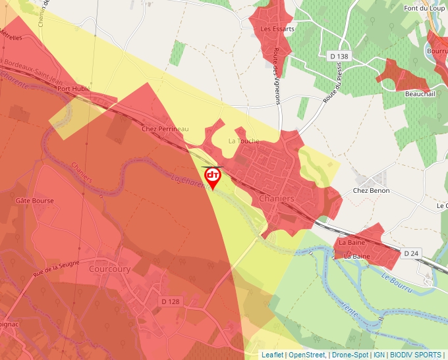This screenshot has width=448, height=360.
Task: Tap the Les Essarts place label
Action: pos(277,29)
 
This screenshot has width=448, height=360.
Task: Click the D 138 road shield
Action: pos(339,57)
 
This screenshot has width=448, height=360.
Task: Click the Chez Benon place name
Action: pos(371,191)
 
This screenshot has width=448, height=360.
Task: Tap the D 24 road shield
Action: pos(412,253)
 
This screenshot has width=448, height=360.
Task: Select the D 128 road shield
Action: pos(170,301)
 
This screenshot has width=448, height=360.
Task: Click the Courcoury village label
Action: pos(109,269)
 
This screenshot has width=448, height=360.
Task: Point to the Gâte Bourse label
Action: pos(34,201)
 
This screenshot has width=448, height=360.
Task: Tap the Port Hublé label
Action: pos(73,88)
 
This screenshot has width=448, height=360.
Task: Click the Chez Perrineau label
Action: pos(165,129)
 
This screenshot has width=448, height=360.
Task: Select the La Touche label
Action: pos(244,141)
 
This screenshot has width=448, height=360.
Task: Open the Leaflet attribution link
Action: pos(272,355)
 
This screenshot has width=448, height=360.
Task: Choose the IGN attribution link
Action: pos(379,355)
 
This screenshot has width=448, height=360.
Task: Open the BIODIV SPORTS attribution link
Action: pos(416,355)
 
